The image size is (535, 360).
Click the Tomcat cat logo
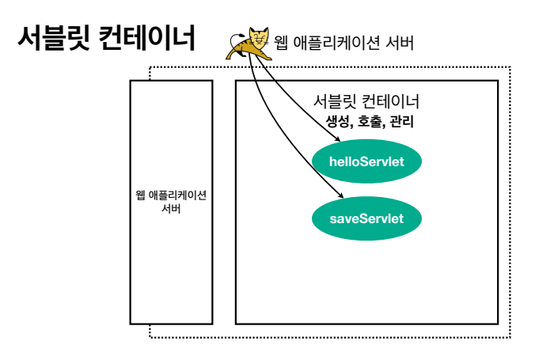[248, 43]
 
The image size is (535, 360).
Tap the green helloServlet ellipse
[366, 161]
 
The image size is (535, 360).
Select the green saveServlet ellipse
[366, 218]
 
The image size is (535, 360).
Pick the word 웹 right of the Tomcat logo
[281, 42]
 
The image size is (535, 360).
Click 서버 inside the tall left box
[170, 207]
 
